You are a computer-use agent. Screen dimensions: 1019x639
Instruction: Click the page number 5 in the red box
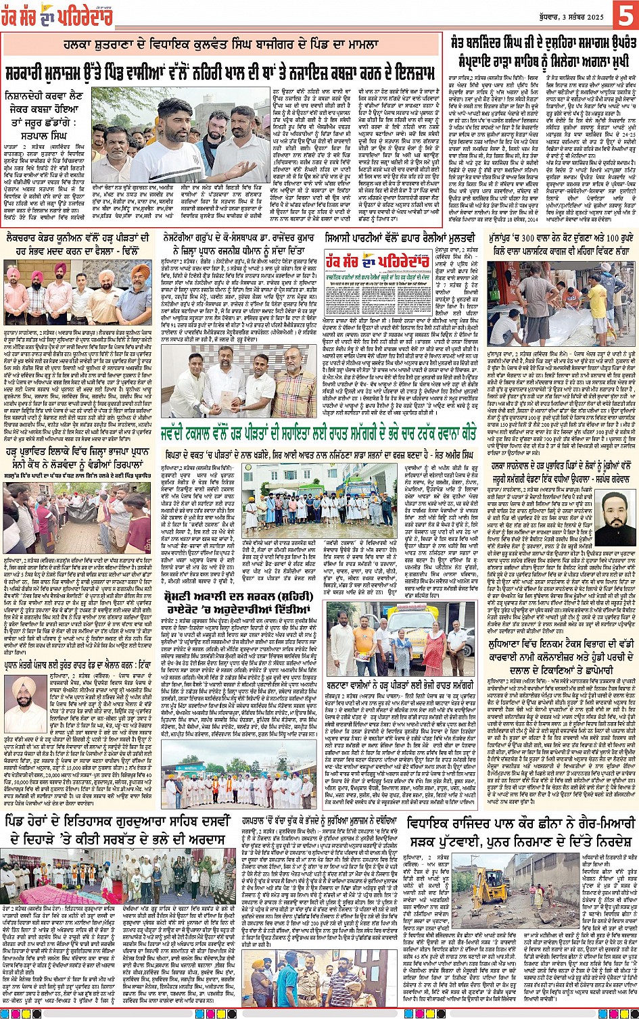click(x=624, y=14)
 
